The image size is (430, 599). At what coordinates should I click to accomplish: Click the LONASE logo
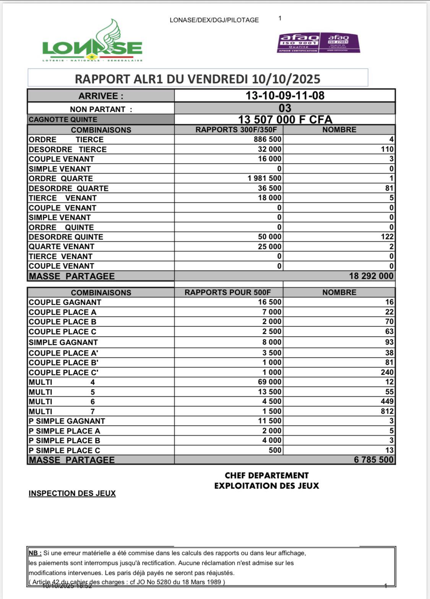point(92,43)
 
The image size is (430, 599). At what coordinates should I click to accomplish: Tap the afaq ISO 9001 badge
point(298,43)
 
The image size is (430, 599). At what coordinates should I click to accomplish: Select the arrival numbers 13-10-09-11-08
point(285,96)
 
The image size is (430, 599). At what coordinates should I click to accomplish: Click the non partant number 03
point(285,108)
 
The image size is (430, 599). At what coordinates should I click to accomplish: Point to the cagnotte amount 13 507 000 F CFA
point(285,120)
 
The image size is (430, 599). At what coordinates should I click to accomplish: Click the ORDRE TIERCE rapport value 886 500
point(267,139)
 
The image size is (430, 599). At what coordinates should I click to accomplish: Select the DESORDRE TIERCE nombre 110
point(387,149)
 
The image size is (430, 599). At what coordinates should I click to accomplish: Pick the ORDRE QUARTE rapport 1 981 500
point(264,178)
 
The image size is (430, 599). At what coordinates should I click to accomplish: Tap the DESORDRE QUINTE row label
point(66,237)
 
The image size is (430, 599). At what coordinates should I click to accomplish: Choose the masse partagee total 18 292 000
point(371,276)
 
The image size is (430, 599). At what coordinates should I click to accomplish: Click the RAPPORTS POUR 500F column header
point(228,293)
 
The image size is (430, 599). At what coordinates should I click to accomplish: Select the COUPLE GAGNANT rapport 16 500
point(269,302)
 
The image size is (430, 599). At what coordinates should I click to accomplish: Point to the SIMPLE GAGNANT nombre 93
point(389,342)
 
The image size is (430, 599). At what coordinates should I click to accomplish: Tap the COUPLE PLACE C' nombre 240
point(387,372)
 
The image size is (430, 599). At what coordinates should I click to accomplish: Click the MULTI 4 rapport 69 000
point(269,382)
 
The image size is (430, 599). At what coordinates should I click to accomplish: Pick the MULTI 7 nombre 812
point(387,411)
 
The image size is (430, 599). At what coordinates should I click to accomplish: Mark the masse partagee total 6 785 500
point(373,460)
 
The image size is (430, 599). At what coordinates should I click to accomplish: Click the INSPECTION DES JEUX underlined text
point(72,494)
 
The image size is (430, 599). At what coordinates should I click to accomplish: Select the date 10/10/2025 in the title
point(286,79)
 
